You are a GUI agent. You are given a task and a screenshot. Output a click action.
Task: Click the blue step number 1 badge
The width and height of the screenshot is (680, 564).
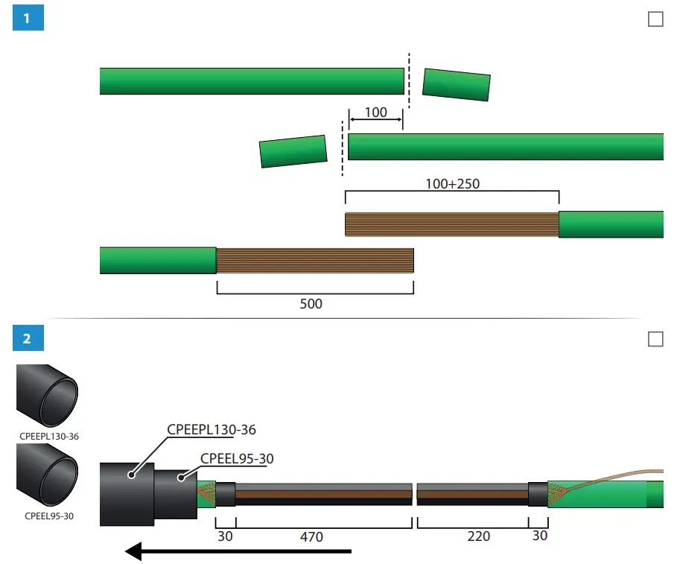pos(28,19)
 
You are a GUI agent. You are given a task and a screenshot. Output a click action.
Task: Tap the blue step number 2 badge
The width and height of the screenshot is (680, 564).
pos(28,339)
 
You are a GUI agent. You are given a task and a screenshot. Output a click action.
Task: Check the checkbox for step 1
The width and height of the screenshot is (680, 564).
pos(655,19)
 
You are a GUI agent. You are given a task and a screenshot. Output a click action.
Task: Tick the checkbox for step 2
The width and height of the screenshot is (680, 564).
pos(655,340)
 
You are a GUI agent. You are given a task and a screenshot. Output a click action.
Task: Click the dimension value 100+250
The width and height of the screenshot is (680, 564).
pos(451,183)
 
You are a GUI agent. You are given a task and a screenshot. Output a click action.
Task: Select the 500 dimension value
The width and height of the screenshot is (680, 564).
pos(311,304)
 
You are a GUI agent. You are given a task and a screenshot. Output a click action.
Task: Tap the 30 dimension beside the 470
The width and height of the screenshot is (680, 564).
pos(225,536)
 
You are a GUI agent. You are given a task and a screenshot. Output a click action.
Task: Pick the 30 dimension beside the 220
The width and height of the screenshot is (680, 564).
pos(538,536)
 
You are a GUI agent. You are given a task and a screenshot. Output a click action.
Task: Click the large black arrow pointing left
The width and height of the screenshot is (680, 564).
pos(238,551)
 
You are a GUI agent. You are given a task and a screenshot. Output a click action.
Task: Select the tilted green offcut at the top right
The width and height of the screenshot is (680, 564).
pos(457,84)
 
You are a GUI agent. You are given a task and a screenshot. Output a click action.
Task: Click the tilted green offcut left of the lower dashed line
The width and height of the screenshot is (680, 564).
pos(293,151)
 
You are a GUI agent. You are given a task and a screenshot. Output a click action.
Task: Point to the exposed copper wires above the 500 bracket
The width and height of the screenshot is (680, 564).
pos(314,261)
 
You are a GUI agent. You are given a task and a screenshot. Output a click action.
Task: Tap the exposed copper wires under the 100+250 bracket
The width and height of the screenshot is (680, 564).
pos(451,224)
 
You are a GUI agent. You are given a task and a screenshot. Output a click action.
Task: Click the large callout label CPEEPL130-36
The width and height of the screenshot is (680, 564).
pos(212,430)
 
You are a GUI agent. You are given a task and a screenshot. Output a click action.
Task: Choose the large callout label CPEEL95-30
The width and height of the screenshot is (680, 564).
pos(237,459)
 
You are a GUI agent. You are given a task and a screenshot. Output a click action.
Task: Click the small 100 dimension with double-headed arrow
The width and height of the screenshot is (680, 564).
pos(376,113)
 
